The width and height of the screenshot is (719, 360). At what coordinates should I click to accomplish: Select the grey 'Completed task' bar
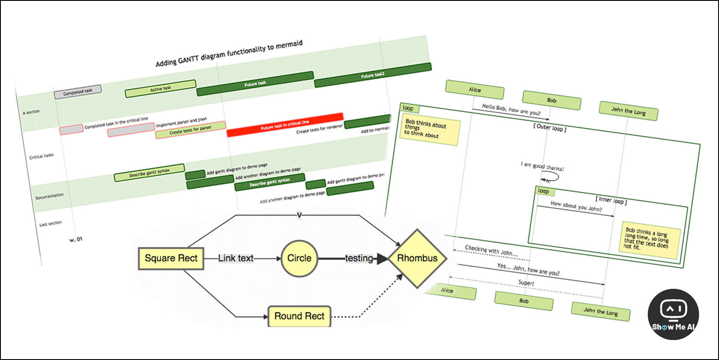(78, 92)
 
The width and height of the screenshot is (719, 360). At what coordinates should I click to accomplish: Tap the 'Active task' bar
(160, 89)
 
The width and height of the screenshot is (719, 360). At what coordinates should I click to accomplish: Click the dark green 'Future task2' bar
(373, 75)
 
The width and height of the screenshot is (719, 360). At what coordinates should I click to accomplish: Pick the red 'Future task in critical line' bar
(285, 125)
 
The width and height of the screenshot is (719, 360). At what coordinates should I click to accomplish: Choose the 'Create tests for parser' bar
(190, 130)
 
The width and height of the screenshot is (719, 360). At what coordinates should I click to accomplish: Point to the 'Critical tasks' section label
(41, 156)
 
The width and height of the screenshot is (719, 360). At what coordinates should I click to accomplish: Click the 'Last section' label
(50, 224)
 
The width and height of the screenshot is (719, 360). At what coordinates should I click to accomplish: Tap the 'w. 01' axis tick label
(76, 239)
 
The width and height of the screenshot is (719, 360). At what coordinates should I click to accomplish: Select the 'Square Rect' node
(171, 258)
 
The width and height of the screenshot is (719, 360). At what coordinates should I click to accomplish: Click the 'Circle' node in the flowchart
(299, 258)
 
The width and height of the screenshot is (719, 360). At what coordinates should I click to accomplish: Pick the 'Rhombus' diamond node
(417, 258)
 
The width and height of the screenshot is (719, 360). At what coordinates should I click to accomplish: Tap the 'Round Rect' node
(299, 316)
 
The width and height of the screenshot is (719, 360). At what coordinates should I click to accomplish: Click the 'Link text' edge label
(236, 258)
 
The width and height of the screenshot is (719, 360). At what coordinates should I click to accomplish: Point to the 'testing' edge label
(359, 258)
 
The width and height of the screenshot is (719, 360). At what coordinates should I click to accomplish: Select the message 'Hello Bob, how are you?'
(511, 110)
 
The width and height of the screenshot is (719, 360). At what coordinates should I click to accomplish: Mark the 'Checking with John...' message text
(491, 251)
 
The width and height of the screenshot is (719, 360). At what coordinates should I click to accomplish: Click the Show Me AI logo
(673, 314)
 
